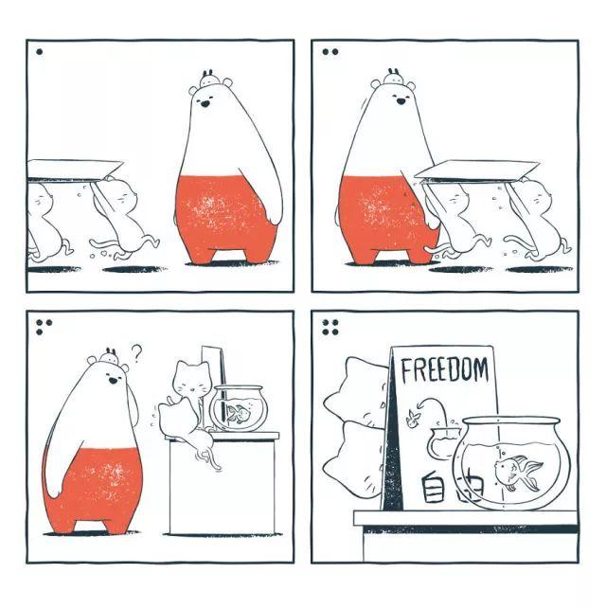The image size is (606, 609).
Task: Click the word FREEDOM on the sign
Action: (444, 369)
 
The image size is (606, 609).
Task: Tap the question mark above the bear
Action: (136, 353)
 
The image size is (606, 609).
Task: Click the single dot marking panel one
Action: (39, 52)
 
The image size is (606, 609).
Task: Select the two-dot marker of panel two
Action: (330, 52)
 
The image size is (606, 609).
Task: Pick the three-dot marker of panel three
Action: (44, 327)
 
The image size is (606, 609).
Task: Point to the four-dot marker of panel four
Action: (330, 327)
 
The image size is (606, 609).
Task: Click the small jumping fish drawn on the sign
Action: (412, 420)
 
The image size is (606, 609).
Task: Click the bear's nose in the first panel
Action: (205, 103)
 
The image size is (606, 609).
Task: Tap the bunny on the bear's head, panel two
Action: (394, 77)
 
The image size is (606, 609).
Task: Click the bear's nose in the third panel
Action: (113, 381)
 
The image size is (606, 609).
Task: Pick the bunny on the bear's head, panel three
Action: (109, 356)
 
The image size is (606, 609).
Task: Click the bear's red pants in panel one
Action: (226, 218)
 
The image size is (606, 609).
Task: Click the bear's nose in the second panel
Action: (401, 101)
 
